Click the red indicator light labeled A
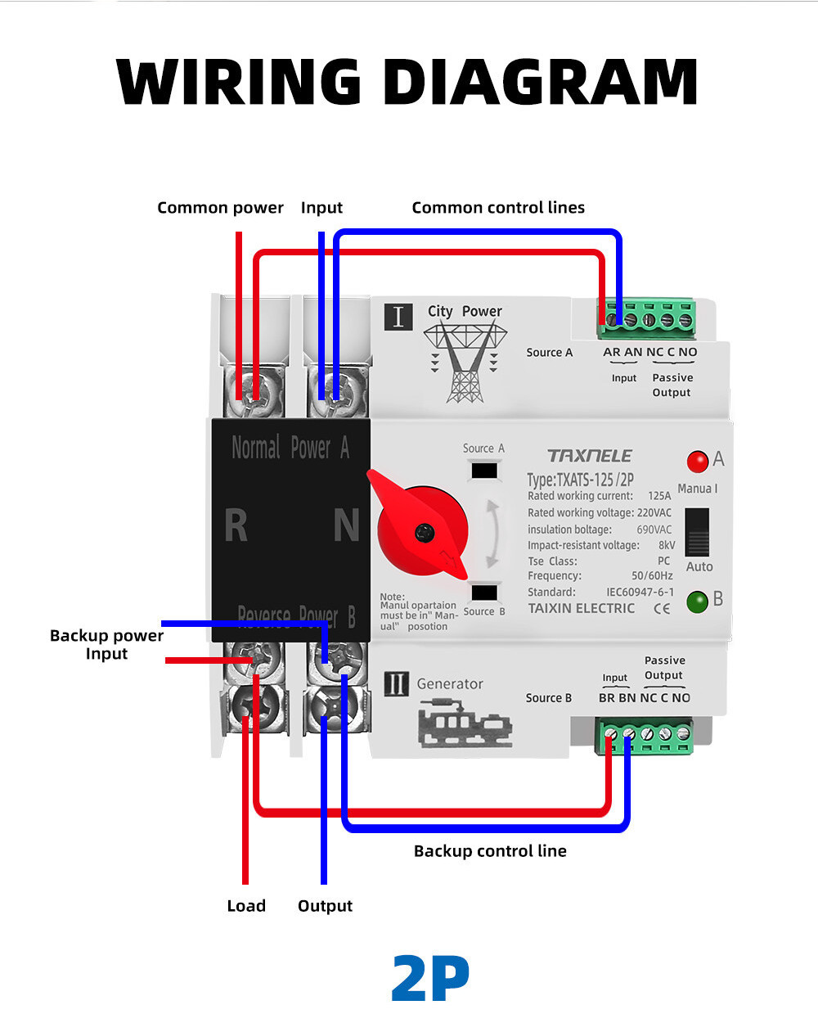coord(697,462)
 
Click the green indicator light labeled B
coord(697,602)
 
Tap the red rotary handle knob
coord(422,530)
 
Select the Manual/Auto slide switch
coord(697,532)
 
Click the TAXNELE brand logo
coord(590,456)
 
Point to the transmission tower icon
coord(465,361)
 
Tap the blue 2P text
coord(430,978)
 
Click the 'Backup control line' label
coord(490,851)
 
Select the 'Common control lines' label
coord(498,208)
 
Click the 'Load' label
coord(246,906)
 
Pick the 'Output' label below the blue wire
coord(325,906)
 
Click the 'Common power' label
coord(220,208)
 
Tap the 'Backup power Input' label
coord(106,645)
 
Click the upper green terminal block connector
coord(647,318)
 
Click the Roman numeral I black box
coord(398,316)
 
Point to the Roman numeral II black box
coord(396,683)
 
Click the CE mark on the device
coord(662,608)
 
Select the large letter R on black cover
coord(236,525)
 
